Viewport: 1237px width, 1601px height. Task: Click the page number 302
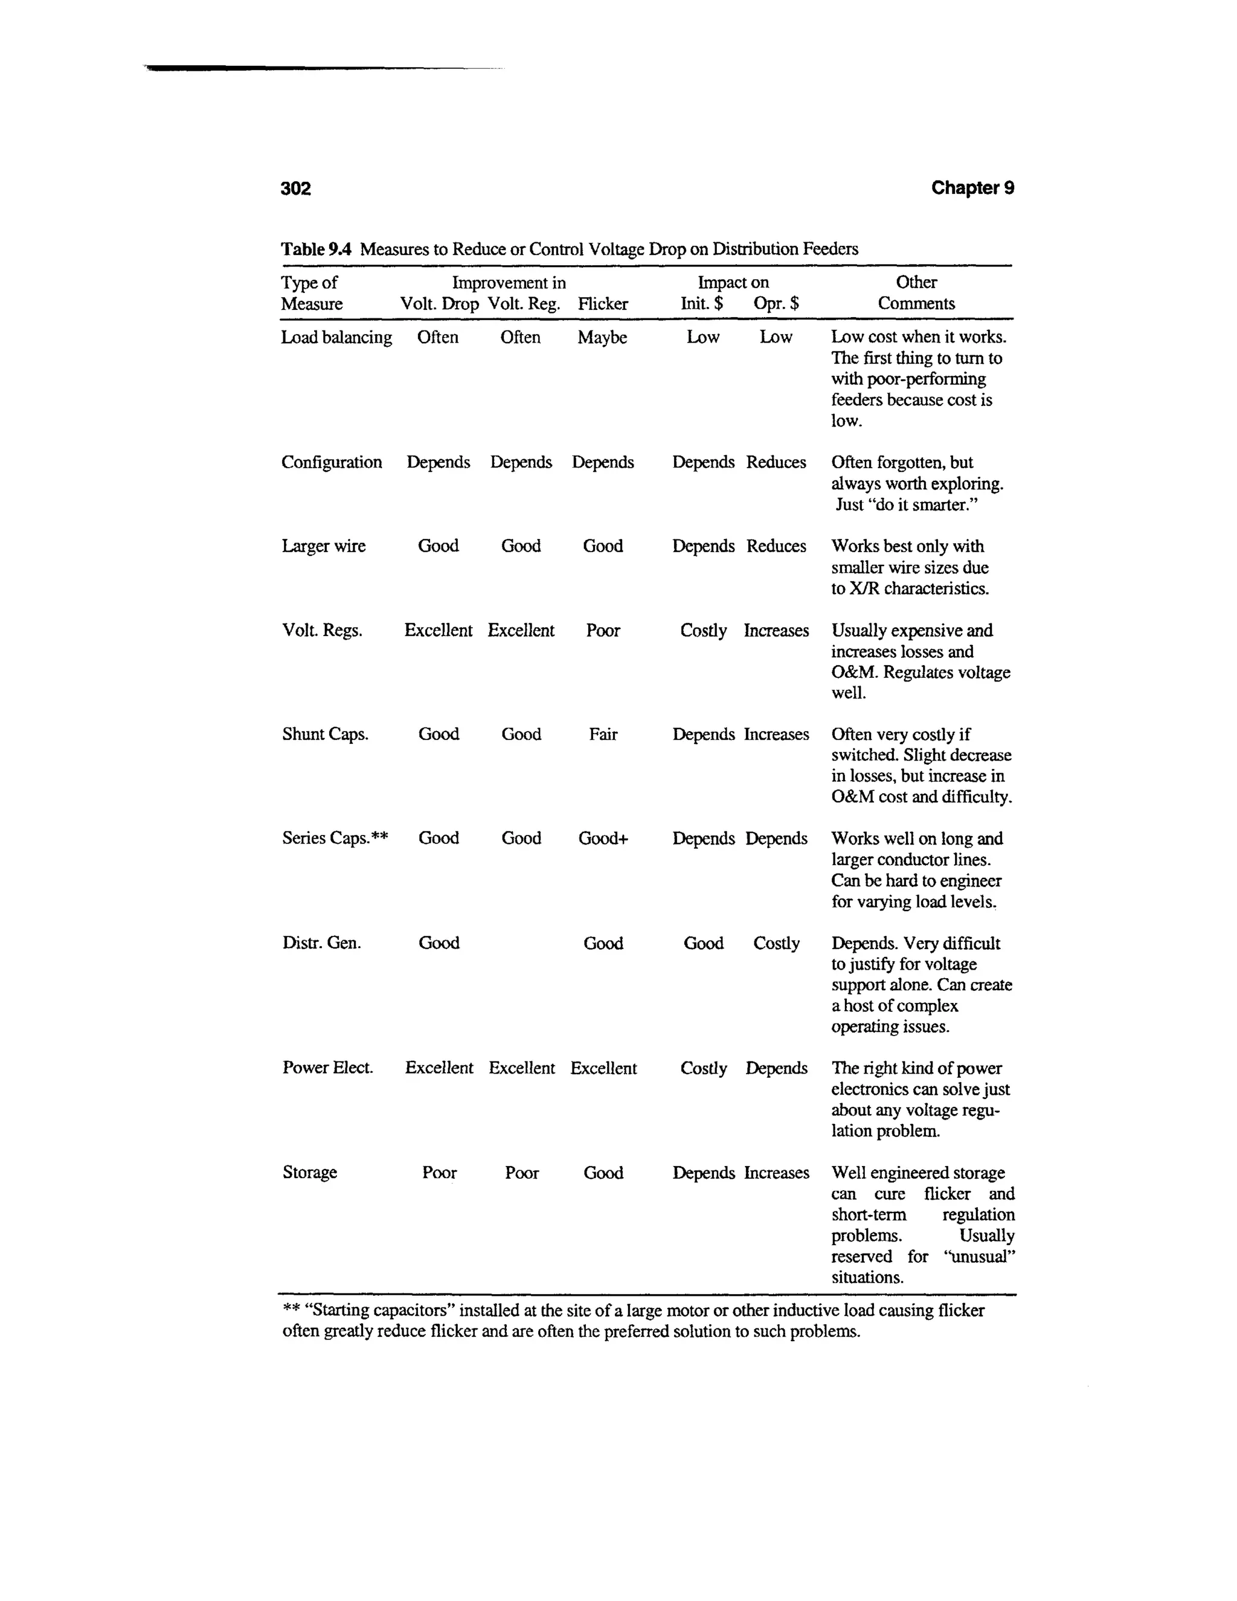tap(295, 188)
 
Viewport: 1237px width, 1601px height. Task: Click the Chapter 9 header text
tap(972, 188)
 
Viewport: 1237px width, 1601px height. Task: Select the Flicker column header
tap(602, 303)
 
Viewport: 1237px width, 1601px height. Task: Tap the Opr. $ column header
tap(776, 303)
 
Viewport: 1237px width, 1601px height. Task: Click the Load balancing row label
tap(336, 337)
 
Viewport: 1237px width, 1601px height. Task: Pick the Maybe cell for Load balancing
tap(602, 337)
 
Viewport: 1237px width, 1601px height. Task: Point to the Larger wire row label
tap(323, 546)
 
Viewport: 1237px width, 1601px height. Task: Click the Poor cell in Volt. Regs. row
tap(602, 630)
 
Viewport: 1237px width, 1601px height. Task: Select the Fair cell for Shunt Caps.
tap(602, 734)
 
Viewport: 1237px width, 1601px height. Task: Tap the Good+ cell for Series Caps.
tap(602, 838)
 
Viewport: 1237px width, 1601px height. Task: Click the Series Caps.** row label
tap(335, 838)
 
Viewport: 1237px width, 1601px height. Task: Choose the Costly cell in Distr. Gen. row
tap(776, 942)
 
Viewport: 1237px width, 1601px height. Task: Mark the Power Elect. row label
tap(327, 1068)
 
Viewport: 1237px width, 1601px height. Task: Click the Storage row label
tap(309, 1172)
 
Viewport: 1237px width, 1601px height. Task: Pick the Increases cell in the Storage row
tap(776, 1172)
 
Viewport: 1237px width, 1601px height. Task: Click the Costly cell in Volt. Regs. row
tap(703, 630)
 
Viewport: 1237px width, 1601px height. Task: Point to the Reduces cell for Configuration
tap(776, 463)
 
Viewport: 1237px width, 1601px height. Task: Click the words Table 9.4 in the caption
tap(316, 250)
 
